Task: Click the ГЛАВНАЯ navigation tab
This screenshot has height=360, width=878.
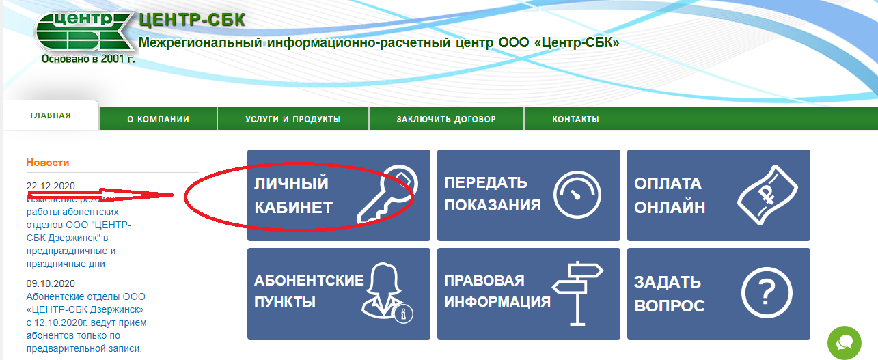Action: [51, 115]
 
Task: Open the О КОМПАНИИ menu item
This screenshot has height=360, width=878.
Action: [158, 119]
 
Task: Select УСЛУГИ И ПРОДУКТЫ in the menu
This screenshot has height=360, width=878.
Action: [293, 119]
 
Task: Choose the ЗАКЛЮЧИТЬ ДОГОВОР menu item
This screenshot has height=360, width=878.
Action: [446, 119]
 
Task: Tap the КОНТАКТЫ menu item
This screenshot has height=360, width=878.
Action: [575, 119]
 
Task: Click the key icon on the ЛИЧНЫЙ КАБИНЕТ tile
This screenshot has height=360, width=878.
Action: [388, 193]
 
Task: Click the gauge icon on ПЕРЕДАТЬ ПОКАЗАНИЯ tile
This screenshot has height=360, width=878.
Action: [577, 195]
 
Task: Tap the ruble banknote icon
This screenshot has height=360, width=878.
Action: [767, 195]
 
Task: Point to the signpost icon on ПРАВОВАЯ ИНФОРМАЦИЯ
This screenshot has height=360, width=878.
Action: [578, 293]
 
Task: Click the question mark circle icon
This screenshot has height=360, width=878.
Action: [767, 292]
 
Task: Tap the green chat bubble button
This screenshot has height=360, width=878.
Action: [845, 343]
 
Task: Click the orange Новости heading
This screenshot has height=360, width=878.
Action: [48, 163]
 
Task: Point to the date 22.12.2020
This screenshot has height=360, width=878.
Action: [51, 186]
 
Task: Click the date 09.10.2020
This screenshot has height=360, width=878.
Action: [51, 283]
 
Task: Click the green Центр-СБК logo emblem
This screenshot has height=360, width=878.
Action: [83, 31]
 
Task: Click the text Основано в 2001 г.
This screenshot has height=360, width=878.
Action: [88, 59]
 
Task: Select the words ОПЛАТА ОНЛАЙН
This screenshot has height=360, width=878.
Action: [670, 195]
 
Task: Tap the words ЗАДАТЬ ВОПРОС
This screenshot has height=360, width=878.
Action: [670, 294]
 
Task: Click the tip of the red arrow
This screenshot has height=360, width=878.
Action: [174, 195]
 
